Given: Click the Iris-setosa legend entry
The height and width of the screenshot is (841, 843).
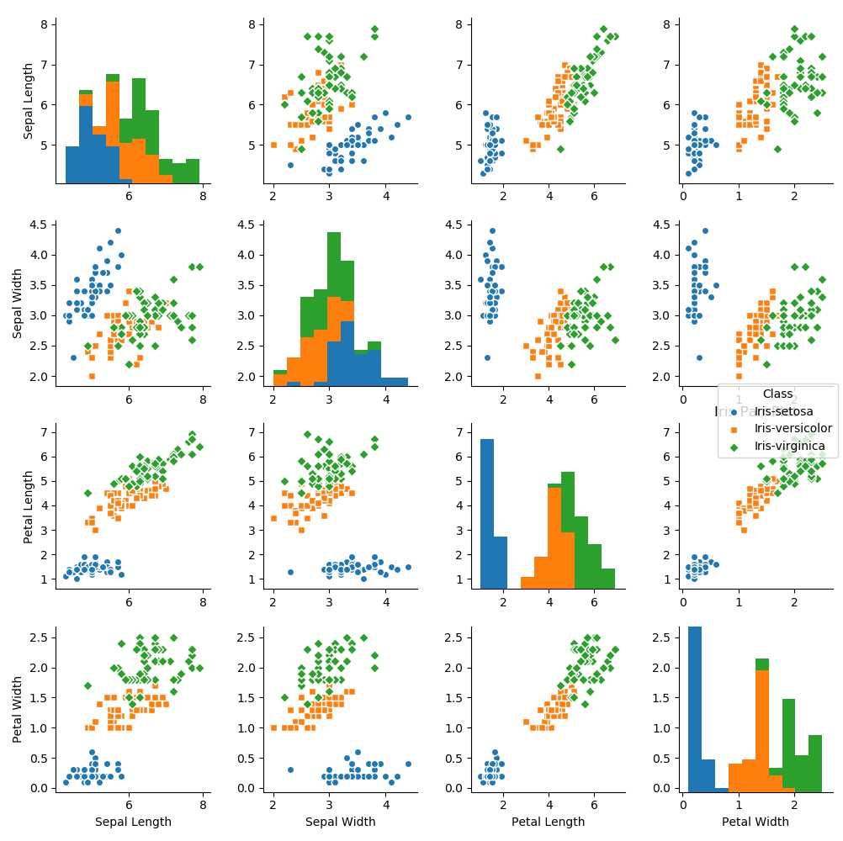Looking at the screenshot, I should (x=783, y=411).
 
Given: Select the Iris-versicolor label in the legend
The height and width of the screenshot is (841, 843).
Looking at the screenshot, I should (x=793, y=429).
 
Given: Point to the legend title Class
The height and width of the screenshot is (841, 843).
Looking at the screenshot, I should (x=777, y=393).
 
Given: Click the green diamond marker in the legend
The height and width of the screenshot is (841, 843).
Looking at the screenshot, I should (x=734, y=447).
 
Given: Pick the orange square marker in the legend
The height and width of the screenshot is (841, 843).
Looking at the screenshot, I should (x=734, y=429).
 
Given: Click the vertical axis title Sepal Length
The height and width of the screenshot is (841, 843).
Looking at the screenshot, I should (x=29, y=101).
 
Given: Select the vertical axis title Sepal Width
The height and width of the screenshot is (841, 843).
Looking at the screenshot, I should (x=18, y=299).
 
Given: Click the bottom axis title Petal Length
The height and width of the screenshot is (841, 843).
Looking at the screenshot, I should (x=548, y=822).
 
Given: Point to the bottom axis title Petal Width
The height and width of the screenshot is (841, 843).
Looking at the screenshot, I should (x=756, y=822).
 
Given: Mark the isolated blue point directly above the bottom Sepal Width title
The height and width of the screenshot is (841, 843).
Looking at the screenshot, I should (x=290, y=770).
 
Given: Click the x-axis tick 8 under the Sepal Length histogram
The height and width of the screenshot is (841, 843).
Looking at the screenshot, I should (x=204, y=196).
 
